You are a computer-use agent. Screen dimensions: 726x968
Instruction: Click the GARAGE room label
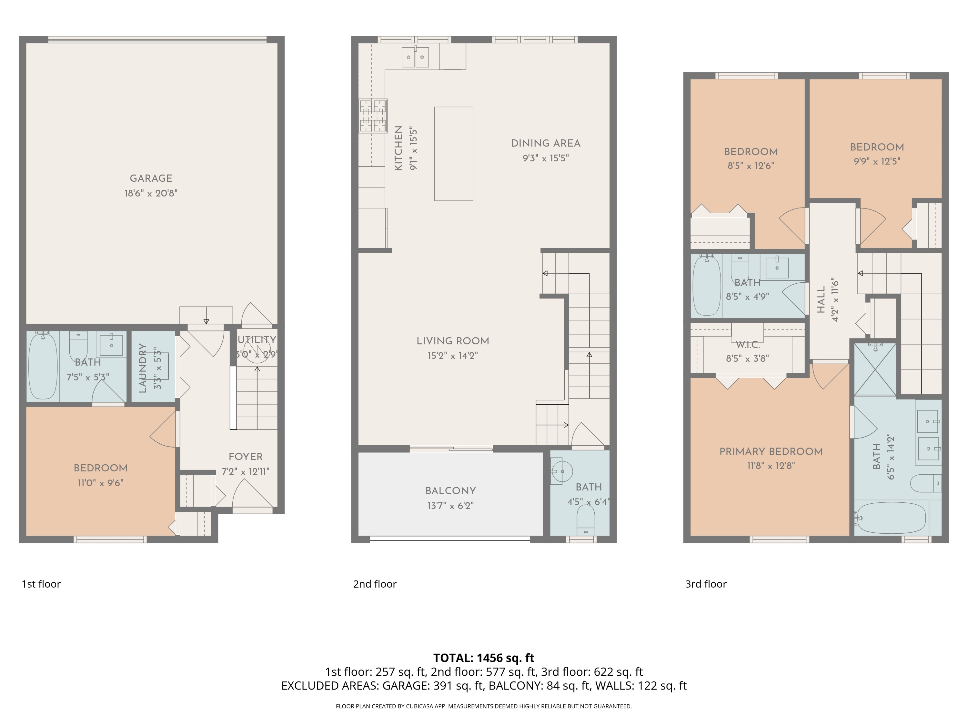pyautogui.click(x=151, y=178)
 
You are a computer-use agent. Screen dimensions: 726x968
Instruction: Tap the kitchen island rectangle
pyautogui.click(x=453, y=154)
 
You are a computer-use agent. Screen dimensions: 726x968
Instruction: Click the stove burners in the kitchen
pyautogui.click(x=373, y=116)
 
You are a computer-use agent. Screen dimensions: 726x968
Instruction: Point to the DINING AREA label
pyautogui.click(x=546, y=144)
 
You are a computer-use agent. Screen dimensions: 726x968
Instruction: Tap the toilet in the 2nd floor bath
pyautogui.click(x=586, y=521)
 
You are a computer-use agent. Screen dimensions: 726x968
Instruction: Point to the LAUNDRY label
pyautogui.click(x=143, y=368)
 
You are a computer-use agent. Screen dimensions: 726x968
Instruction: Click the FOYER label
pyautogui.click(x=246, y=457)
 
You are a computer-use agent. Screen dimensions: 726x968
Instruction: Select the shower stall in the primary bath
pyautogui.click(x=875, y=370)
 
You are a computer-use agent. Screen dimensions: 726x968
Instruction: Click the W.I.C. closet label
pyautogui.click(x=747, y=345)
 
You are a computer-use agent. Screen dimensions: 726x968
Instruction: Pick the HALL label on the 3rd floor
pyautogui.click(x=821, y=300)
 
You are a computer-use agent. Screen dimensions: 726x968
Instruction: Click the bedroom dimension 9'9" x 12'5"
pyautogui.click(x=877, y=161)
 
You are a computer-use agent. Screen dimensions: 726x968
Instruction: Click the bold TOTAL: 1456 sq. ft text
pyautogui.click(x=484, y=658)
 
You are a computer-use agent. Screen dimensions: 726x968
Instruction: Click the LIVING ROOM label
pyautogui.click(x=452, y=341)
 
